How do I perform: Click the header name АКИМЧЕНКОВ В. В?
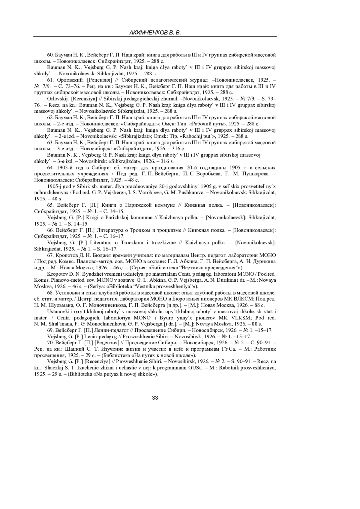coord(155,33)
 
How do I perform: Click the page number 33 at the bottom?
coord(155,398)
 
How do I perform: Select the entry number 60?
coord(50,55)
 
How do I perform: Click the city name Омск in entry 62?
coord(168,124)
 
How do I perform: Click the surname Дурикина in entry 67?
coord(265,262)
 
